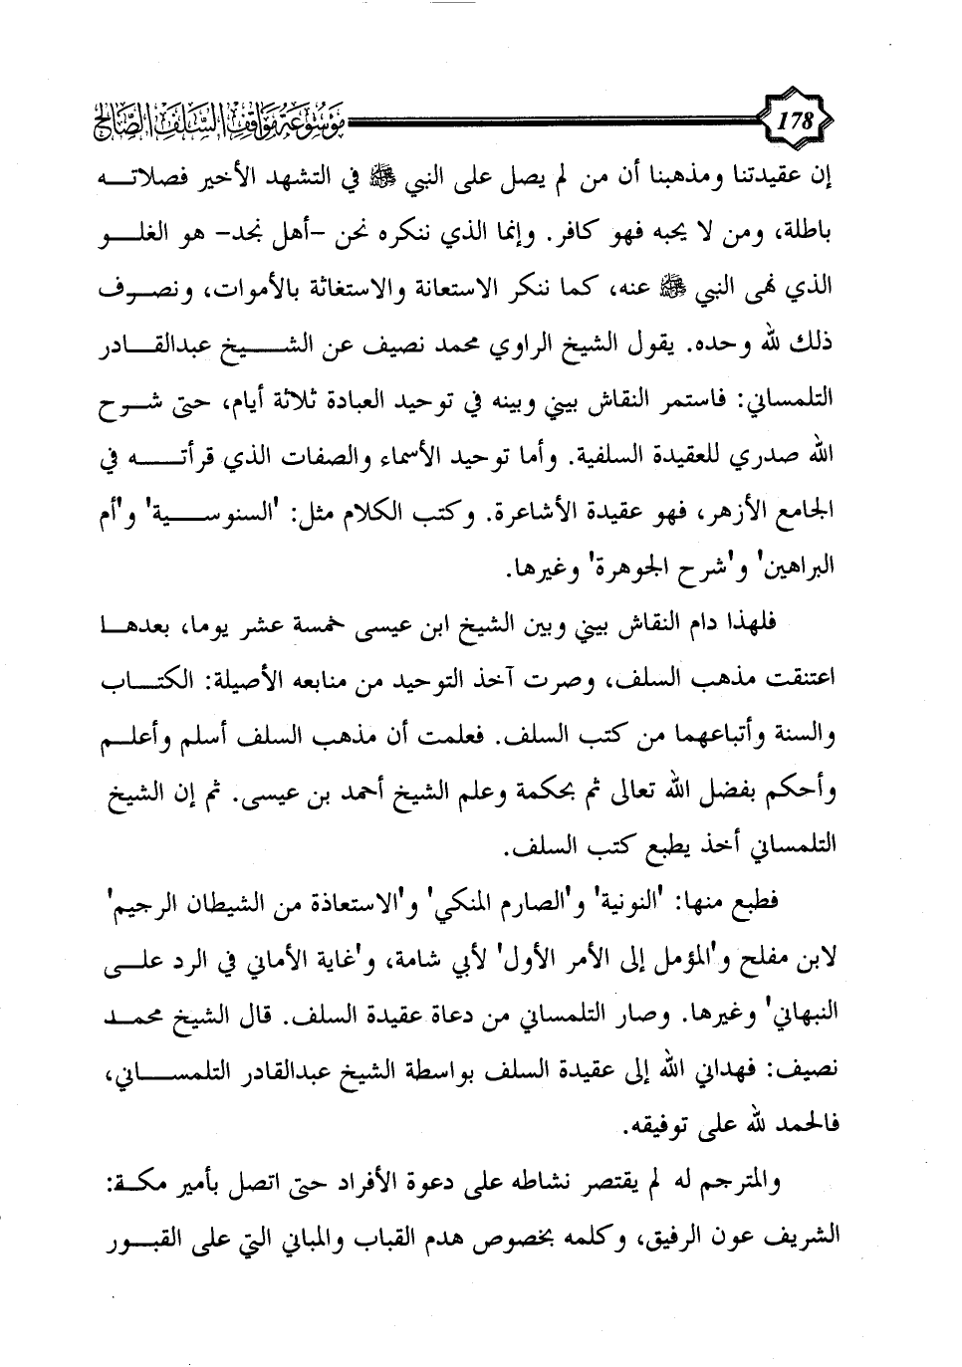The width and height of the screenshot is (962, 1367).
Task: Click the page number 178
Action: click(x=795, y=126)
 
